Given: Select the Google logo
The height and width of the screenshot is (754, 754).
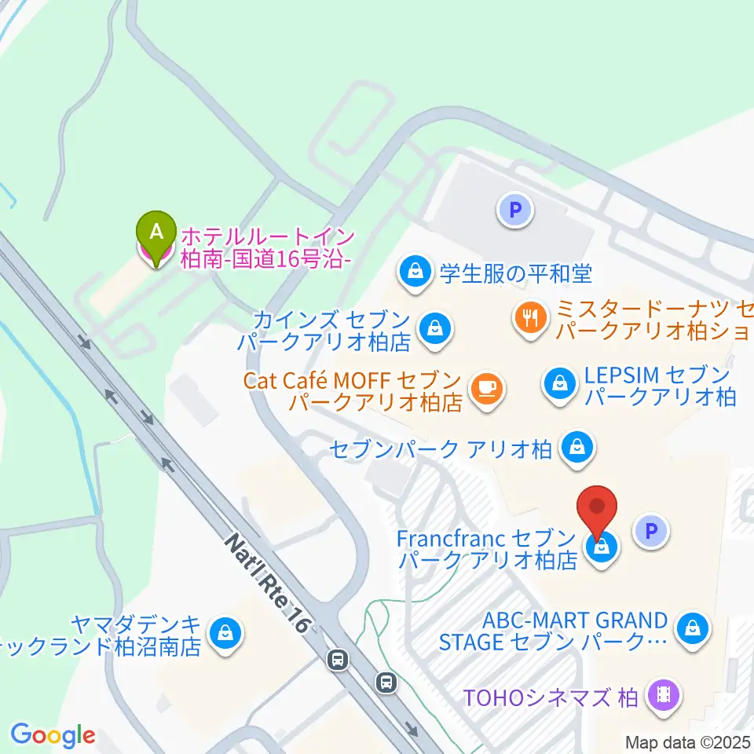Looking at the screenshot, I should tap(53, 736).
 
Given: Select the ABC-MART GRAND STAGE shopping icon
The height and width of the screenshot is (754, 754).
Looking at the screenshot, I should tap(693, 628).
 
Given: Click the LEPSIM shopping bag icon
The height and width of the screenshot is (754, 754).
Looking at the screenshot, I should tap(559, 384).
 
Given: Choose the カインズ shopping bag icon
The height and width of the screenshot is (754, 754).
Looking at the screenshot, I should tap(433, 329).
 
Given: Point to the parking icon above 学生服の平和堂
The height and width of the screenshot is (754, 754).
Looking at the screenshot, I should tap(515, 210).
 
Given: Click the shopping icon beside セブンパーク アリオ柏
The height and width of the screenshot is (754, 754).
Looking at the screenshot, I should tap(577, 448).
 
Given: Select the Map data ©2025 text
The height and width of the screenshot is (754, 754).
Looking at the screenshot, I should tap(688, 741).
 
